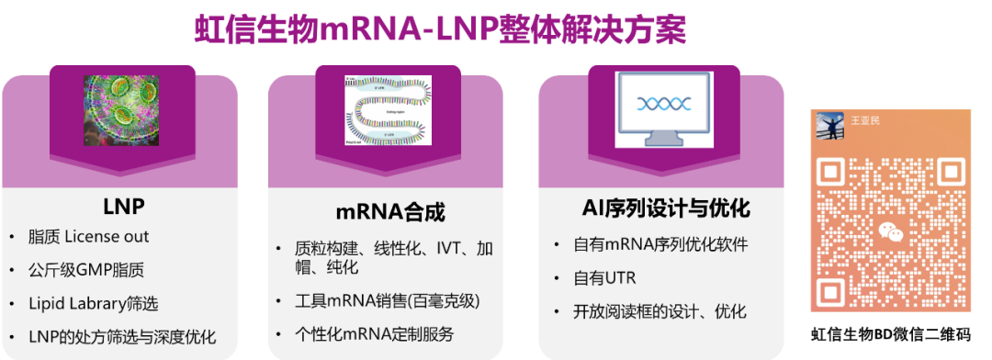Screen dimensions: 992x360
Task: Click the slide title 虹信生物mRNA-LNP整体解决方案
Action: (x=441, y=29)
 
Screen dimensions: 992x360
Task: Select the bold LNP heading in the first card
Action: (x=124, y=203)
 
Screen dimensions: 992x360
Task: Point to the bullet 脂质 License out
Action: (x=90, y=237)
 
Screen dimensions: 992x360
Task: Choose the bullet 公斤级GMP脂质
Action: (x=88, y=270)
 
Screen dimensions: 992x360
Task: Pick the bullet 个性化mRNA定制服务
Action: (x=374, y=334)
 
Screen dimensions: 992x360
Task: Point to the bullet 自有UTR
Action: (x=604, y=278)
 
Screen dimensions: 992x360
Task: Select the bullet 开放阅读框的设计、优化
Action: (x=659, y=311)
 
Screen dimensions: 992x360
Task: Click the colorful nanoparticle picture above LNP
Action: (x=122, y=110)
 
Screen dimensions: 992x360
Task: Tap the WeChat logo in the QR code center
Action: (x=890, y=232)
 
